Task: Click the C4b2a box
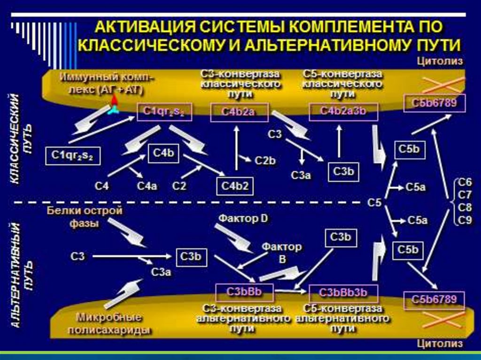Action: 239,112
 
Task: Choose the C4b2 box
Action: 235,186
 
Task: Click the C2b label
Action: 265,160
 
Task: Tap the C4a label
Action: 147,186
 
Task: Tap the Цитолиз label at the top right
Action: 441,61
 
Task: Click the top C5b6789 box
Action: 434,103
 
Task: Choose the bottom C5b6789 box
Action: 434,300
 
